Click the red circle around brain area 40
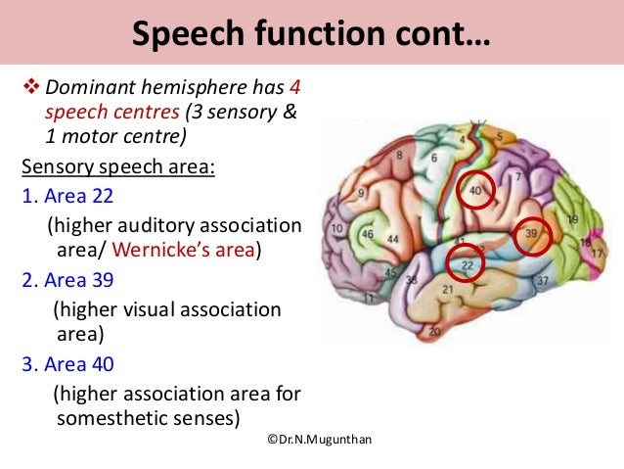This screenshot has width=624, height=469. [475, 191]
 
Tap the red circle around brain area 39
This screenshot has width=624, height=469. [532, 235]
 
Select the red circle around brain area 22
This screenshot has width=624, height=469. [467, 263]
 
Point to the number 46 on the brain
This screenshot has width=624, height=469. [368, 235]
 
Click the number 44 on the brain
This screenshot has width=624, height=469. [393, 239]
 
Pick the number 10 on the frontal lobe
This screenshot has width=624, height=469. [338, 228]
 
